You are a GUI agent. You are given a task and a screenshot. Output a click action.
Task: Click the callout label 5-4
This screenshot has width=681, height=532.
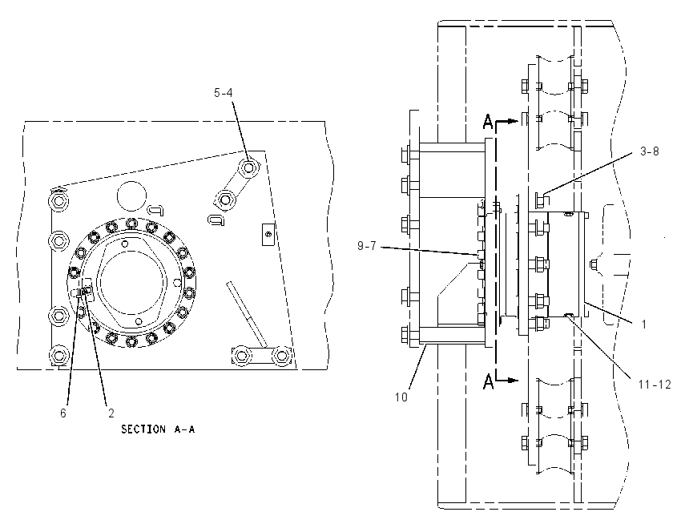[223, 93]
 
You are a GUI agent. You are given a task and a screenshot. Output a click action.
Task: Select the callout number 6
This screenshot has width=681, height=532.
[63, 413]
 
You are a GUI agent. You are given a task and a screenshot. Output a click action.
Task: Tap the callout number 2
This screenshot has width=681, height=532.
[111, 413]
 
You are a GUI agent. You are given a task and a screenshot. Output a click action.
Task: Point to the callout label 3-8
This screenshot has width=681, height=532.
[649, 151]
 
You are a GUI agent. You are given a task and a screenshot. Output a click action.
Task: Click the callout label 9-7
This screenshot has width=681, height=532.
[367, 246]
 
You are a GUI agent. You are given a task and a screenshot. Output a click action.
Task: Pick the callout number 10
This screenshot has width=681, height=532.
[401, 397]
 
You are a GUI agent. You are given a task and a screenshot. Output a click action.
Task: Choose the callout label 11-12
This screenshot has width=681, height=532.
[655, 385]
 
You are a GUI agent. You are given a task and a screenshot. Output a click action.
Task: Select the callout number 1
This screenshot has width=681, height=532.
[644, 324]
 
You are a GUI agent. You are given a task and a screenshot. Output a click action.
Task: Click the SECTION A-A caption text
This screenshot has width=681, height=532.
[158, 429]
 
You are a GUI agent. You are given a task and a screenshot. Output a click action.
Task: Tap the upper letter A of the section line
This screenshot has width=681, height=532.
[488, 122]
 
